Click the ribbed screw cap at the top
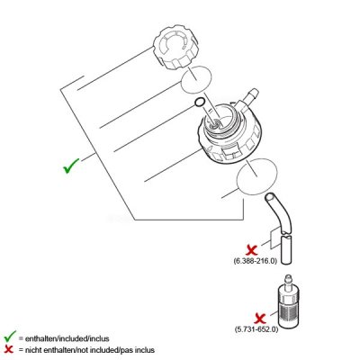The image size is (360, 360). click(176, 48)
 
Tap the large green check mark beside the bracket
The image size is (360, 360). click(71, 166)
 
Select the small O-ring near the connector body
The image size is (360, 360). click(200, 102)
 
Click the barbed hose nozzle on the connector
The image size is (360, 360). click(251, 95)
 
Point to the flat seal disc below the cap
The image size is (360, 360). click(196, 80)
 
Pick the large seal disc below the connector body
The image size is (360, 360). click(257, 176)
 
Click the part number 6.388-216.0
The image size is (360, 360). click(255, 261)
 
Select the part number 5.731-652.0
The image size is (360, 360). click(256, 329)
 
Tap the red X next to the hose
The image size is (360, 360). click(252, 249)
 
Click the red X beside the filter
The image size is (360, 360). click(260, 318)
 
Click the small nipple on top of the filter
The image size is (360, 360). click(289, 280)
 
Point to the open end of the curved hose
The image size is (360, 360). click(270, 198)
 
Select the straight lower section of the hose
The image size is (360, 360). click(286, 250)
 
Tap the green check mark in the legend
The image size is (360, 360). click(10, 337)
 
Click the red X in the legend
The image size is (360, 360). click(10, 349)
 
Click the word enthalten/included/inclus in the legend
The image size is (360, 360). click(67, 338)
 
